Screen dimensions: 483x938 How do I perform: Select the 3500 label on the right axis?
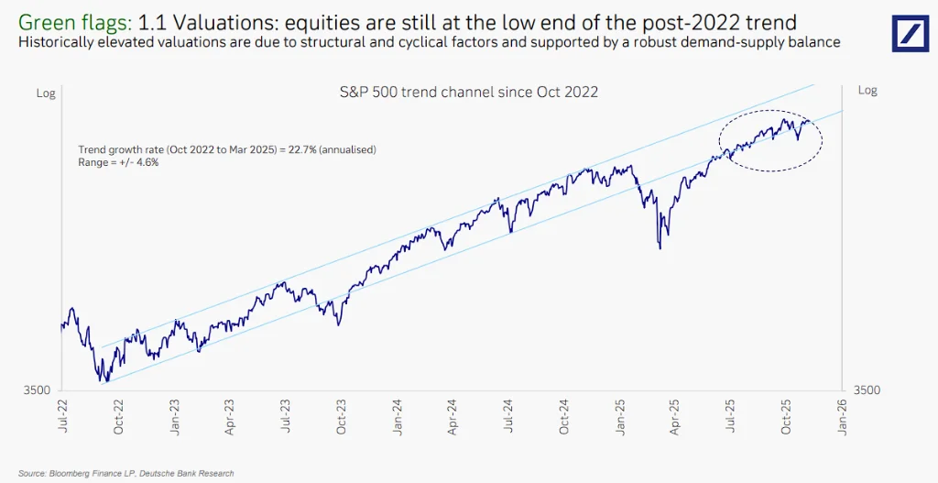[x=867, y=390]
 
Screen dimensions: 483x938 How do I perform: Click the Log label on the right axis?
[x=867, y=91]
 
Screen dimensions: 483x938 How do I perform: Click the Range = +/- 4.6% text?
[x=118, y=162]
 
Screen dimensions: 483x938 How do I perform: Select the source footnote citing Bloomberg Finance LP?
[x=125, y=473]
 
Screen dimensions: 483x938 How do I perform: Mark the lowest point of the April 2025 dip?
[x=660, y=247]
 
